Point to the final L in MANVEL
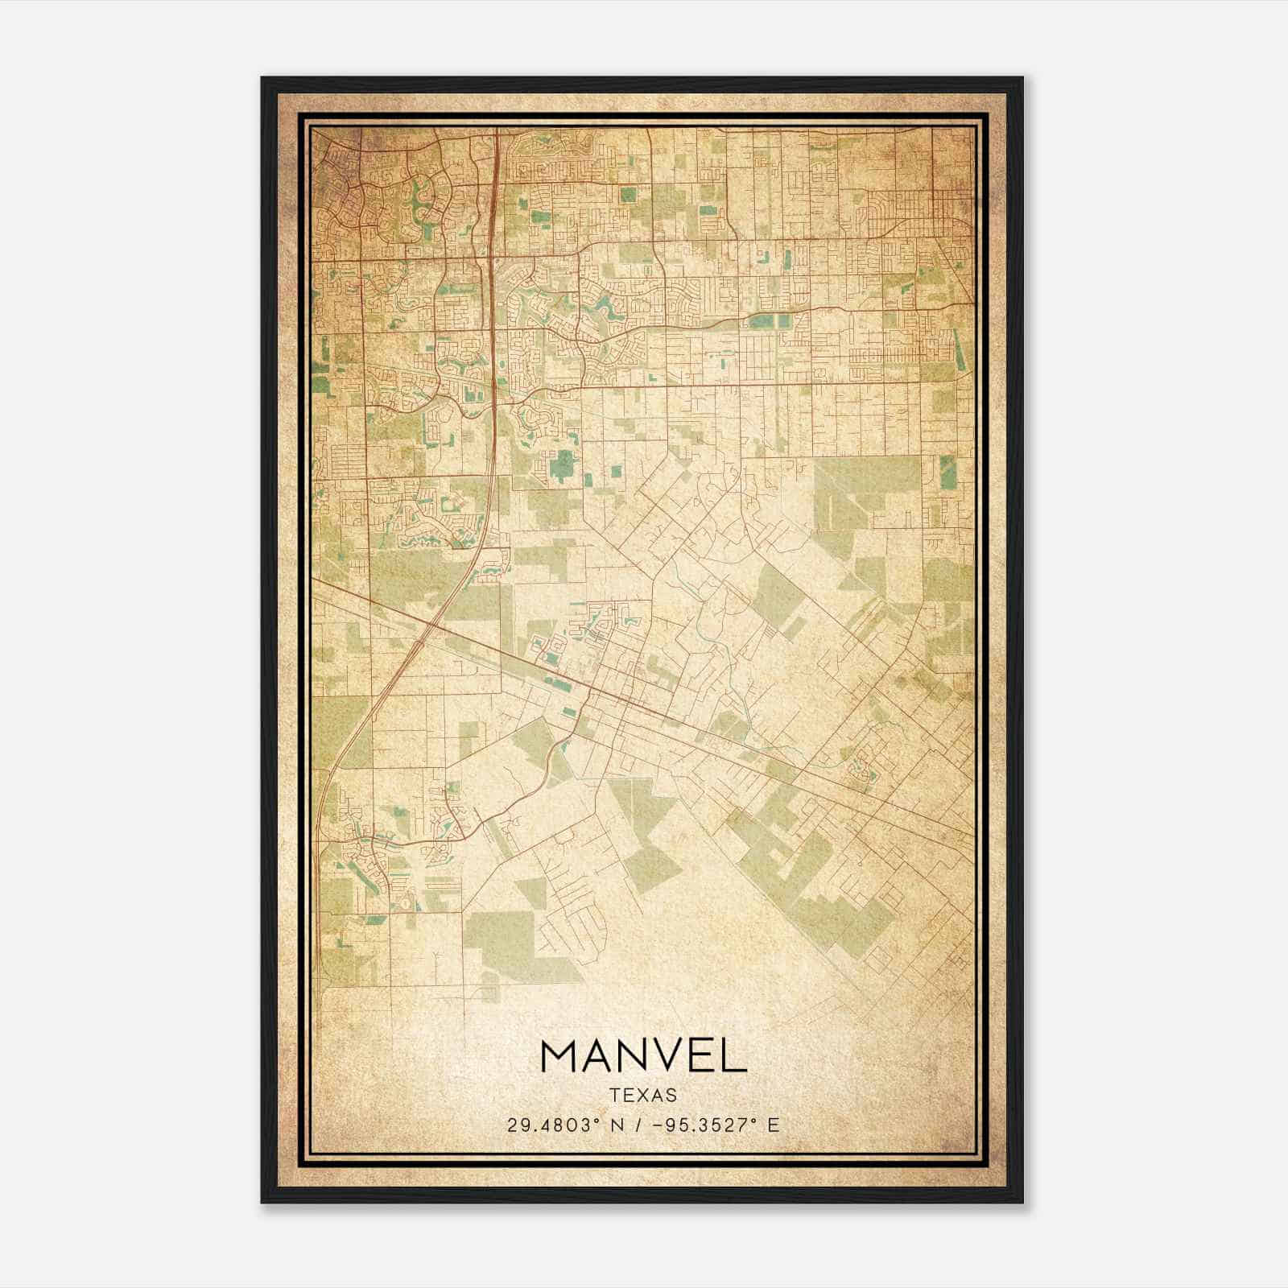(734, 1056)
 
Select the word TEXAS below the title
(643, 1095)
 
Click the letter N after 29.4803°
(616, 1125)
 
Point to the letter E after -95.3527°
(774, 1125)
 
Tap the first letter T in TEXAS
(615, 1095)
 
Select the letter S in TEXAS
(671, 1095)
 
